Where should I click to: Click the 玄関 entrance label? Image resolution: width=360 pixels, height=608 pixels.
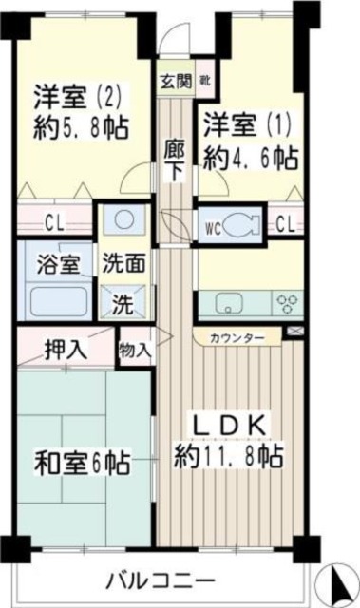(x=175, y=80)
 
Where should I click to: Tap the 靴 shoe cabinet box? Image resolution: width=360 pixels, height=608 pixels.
(x=202, y=80)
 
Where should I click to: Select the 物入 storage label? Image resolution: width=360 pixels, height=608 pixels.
(x=135, y=350)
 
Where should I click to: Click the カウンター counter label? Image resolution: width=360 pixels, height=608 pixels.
(x=237, y=337)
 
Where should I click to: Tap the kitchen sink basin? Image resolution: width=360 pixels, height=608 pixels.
(x=229, y=304)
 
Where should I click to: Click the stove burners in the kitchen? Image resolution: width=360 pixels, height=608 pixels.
(x=286, y=304)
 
